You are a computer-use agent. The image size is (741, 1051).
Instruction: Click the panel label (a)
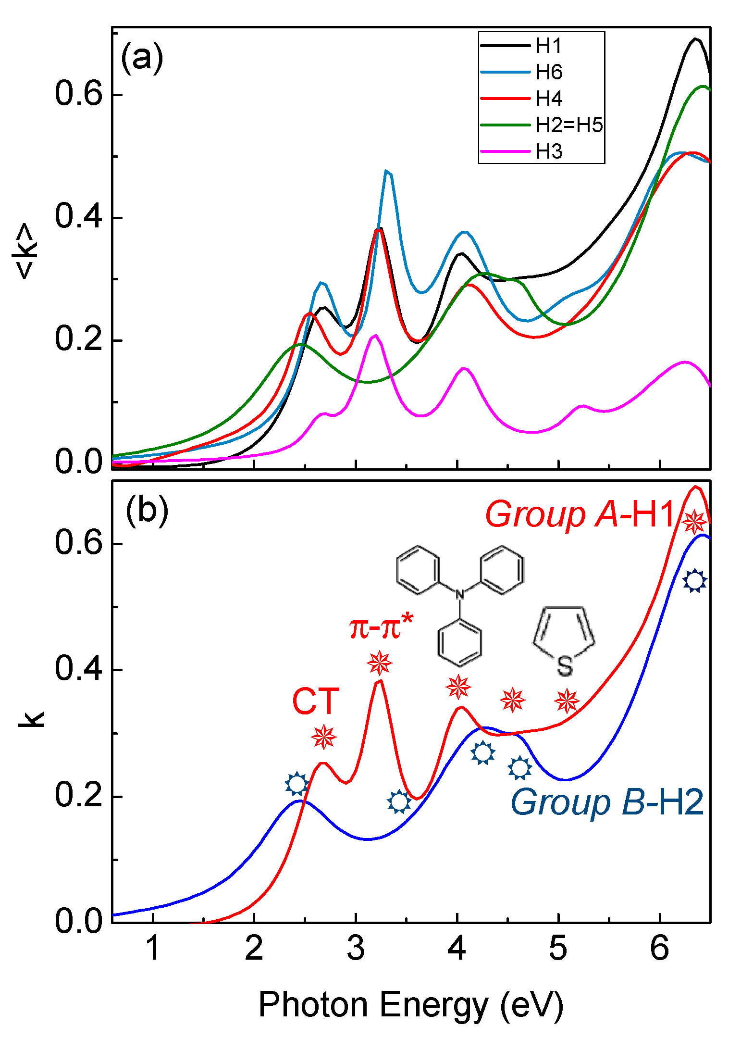pos(142,58)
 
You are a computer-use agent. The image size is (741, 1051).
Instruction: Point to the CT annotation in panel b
pos(316,701)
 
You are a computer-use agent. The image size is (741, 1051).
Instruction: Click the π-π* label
pos(381,627)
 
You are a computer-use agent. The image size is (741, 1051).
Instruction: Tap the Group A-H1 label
pos(581,514)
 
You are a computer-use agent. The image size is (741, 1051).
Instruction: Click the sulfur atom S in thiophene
pos(565,667)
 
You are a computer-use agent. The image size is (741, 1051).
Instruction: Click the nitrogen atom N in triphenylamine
pos(460,595)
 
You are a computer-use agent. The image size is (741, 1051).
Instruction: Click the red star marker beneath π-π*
pos(379,663)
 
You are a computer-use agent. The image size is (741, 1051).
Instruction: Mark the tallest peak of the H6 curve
pos(387,172)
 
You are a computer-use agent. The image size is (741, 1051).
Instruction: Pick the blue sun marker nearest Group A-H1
pos(694,580)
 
